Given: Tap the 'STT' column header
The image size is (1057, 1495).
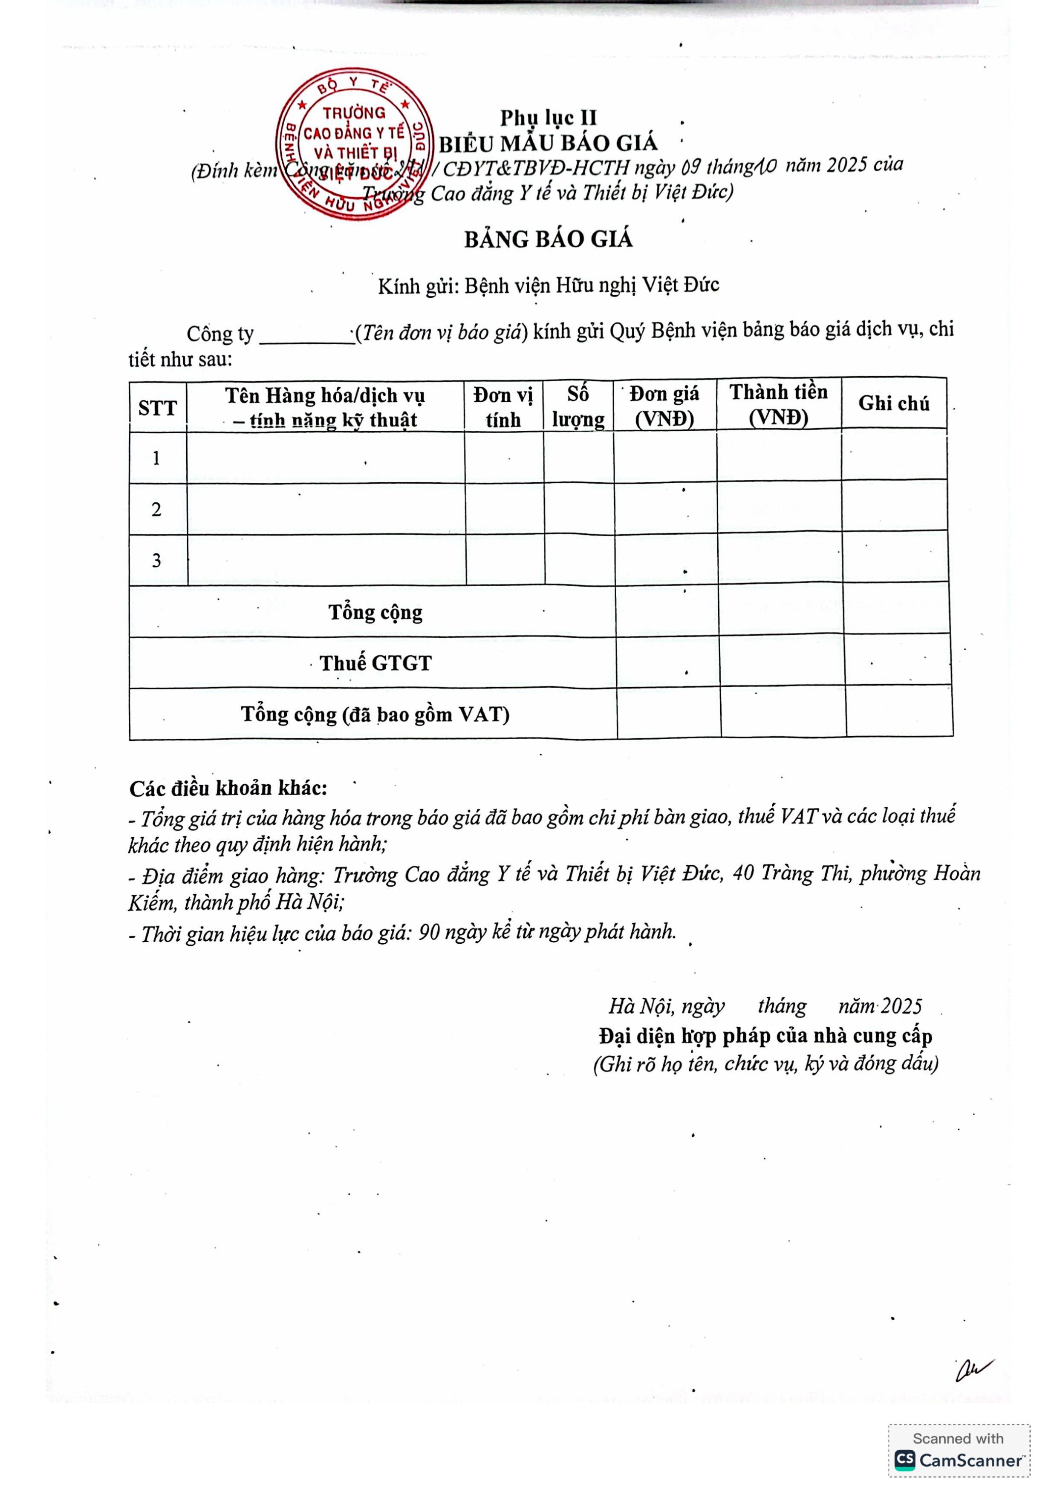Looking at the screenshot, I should tap(158, 408).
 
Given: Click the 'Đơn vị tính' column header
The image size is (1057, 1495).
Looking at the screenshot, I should tap(503, 407).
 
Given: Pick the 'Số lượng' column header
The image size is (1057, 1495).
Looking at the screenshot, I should tap(578, 407).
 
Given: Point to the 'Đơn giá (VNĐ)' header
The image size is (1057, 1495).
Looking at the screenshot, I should tap(664, 406).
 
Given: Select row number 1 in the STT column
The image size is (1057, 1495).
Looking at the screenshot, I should tap(156, 458).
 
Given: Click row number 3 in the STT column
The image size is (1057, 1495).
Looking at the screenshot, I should tap(156, 561).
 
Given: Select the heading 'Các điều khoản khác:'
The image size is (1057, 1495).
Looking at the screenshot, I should tap(228, 789).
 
